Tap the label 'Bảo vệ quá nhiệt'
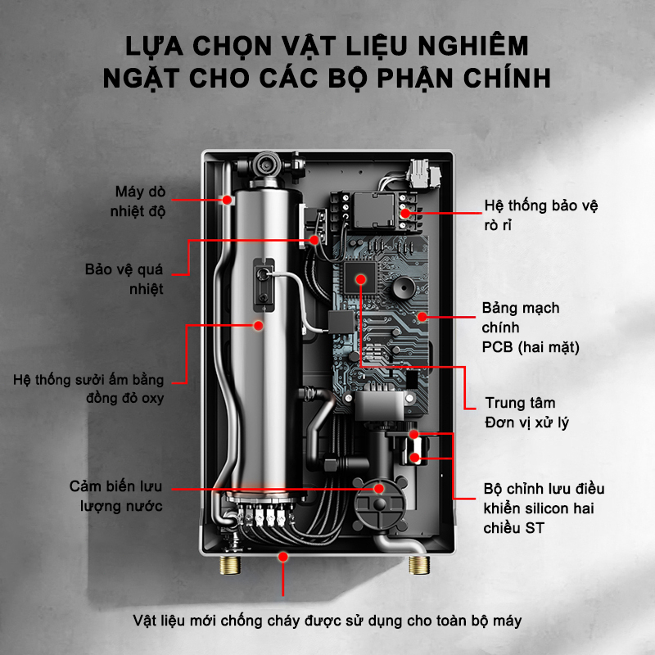124,278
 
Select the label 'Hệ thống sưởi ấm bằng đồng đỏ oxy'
88,389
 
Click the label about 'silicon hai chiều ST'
544,508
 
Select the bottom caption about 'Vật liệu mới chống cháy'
327,620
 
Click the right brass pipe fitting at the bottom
421,566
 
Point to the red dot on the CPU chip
360,279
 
